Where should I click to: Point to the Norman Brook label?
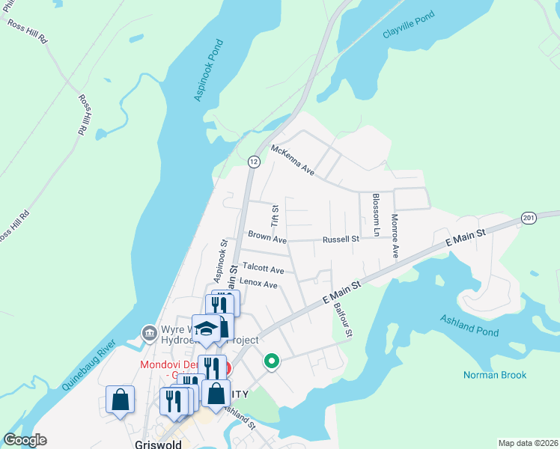(x=495, y=375)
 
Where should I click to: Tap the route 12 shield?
(x=255, y=162)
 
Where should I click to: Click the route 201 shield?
(x=529, y=218)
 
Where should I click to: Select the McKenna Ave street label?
(x=293, y=159)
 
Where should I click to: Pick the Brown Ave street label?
(x=267, y=239)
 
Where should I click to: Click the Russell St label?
(x=341, y=239)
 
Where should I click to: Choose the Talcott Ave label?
(x=263, y=269)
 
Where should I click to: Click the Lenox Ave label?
(x=258, y=284)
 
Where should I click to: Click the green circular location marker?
(x=272, y=362)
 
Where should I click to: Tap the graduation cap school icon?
(x=206, y=328)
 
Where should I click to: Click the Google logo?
(x=25, y=440)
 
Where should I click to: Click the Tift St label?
(x=275, y=217)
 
